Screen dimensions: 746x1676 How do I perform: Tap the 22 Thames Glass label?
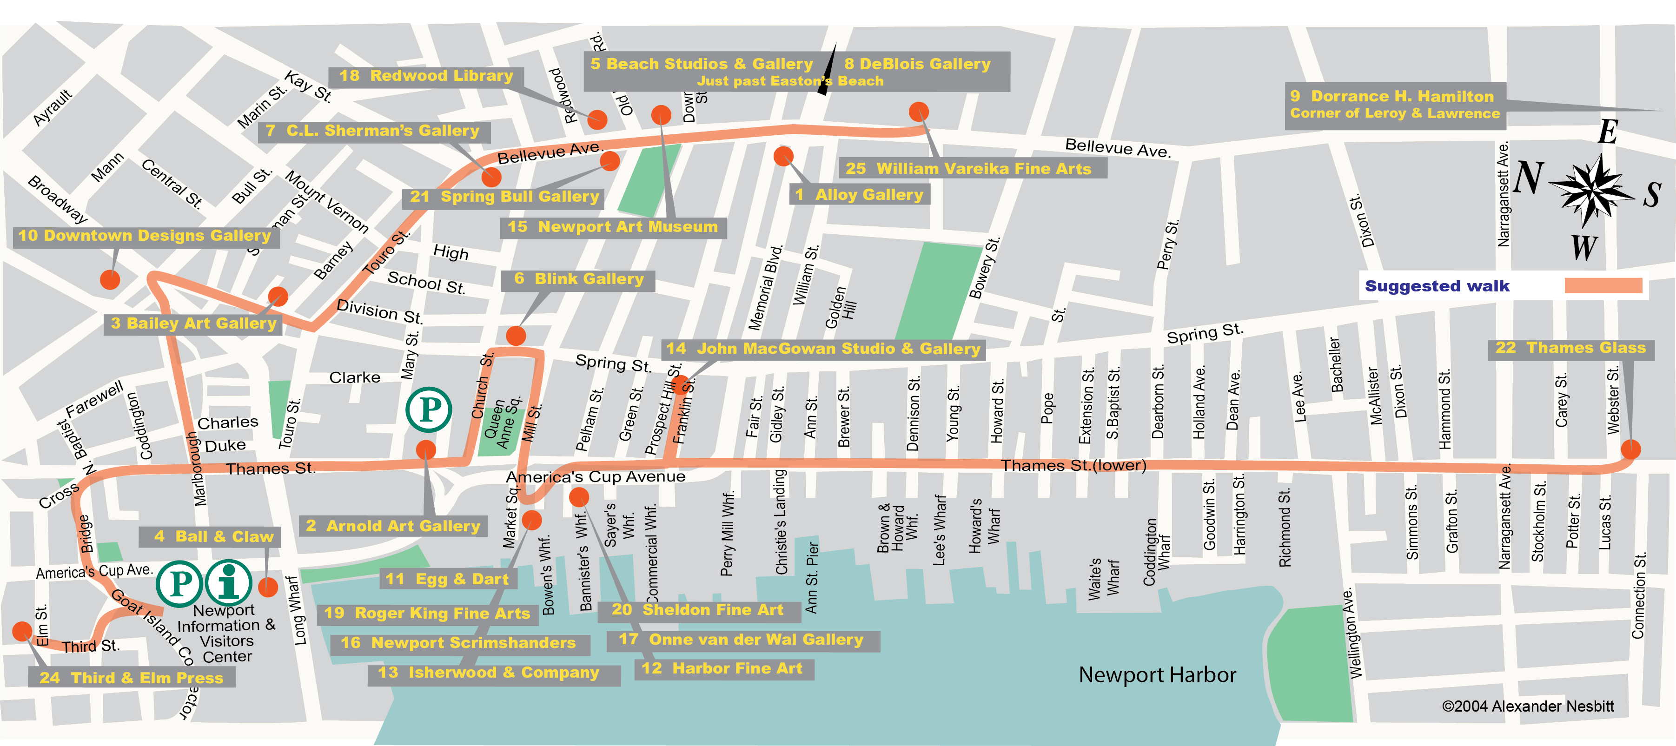(1570, 348)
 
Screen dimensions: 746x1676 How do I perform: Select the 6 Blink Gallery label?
(578, 279)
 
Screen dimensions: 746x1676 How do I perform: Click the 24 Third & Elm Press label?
(132, 678)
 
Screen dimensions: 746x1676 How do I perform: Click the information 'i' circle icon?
(228, 583)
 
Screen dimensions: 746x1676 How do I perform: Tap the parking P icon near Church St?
(428, 410)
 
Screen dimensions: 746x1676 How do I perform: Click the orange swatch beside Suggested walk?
(1603, 285)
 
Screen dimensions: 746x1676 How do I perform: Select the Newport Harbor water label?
(1157, 675)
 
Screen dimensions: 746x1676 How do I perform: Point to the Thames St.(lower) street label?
(1073, 465)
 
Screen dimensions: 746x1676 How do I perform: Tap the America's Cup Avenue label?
(596, 477)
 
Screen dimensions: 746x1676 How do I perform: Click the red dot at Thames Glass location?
(1630, 449)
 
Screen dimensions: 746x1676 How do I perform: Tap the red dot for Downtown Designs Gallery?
(110, 280)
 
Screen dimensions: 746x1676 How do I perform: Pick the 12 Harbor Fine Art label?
(722, 668)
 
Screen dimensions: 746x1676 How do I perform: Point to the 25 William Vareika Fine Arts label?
(968, 168)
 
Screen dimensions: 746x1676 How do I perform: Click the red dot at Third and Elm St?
(22, 631)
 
